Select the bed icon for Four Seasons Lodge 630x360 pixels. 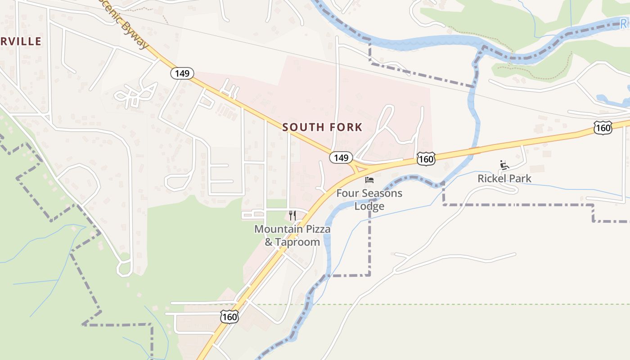coord(369,180)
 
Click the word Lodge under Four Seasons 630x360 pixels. coord(369,206)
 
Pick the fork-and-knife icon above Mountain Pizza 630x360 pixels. coord(292,216)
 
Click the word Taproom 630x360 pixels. coord(297,242)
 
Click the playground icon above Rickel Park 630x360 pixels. coord(504,165)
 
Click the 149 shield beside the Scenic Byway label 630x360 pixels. coord(182,73)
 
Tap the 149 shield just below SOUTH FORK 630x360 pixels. coord(341,157)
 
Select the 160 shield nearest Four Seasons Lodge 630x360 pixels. coord(426,158)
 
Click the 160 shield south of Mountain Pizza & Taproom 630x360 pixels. coord(229,317)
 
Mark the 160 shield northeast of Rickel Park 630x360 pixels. coord(603,128)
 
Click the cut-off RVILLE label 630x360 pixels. coord(21,42)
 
